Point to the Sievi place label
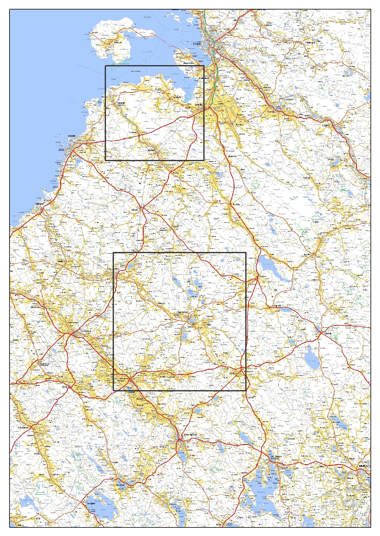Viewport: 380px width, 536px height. [x=65, y=386]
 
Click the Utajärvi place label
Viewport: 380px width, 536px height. [x=327, y=125]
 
